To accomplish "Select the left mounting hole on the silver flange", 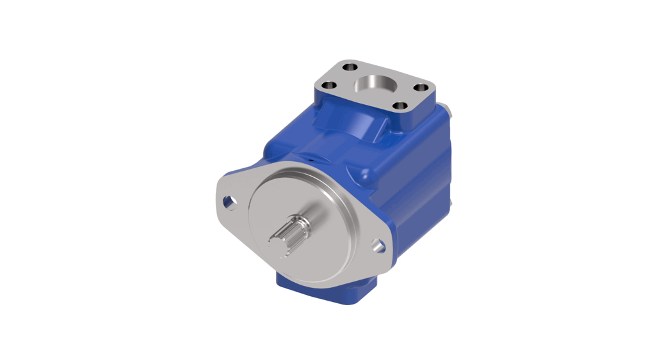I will pyautogui.click(x=229, y=202).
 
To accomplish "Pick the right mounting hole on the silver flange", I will pyautogui.click(x=378, y=244).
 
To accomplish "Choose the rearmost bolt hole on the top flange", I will pyautogui.click(x=349, y=66).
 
